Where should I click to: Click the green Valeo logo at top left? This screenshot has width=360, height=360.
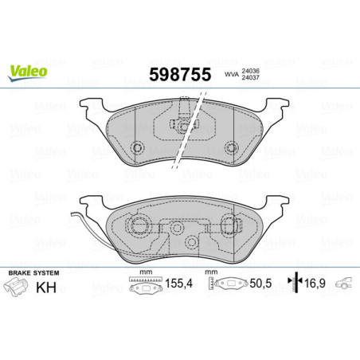tap(27, 71)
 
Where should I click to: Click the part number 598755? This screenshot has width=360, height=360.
tap(179, 73)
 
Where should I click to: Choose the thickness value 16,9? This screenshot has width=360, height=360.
tap(316, 284)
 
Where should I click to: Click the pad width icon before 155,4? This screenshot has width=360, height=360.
tap(142, 284)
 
